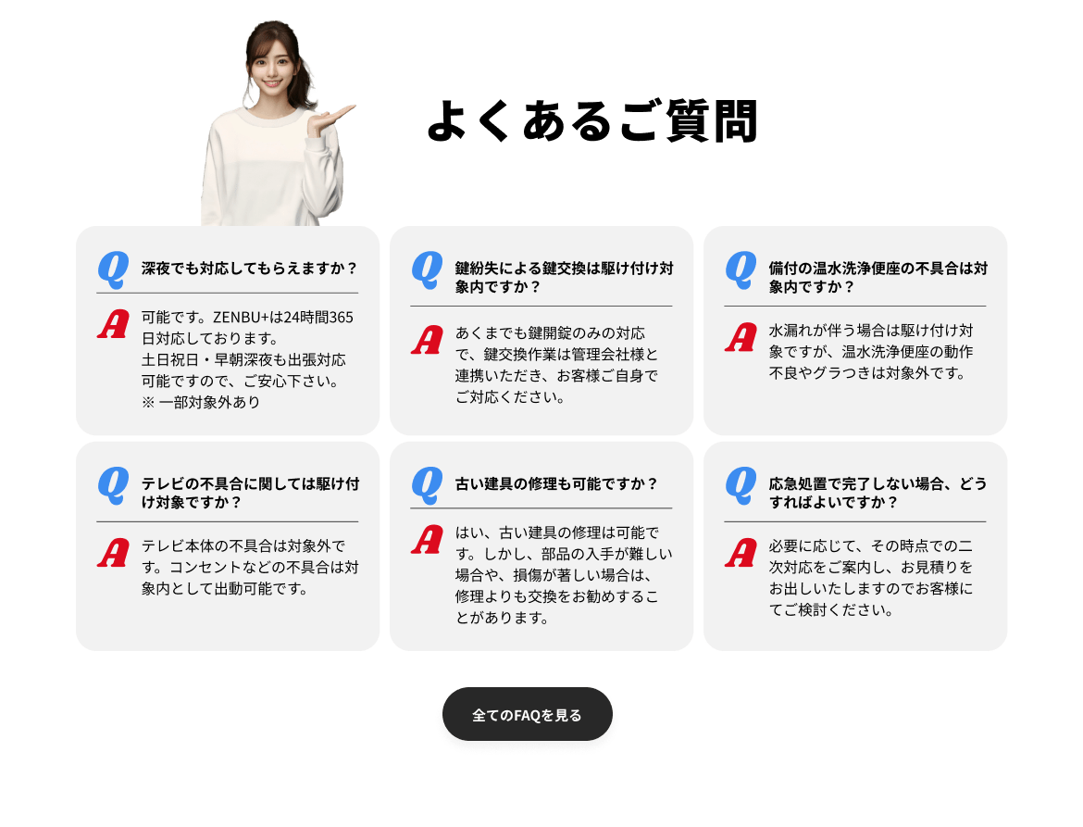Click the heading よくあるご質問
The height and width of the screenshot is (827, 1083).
pos(592,121)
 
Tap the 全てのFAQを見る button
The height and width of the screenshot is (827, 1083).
pos(527,714)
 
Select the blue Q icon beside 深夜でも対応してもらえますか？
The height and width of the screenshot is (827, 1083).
pos(113,269)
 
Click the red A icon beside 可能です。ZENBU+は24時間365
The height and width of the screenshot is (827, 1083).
pos(113,324)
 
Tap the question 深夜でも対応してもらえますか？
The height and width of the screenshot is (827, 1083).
pos(250,268)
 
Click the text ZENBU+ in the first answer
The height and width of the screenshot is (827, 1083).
pos(240,317)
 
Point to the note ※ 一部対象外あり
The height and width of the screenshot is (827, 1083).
pos(201,402)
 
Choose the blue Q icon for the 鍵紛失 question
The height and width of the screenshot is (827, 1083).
pos(427,269)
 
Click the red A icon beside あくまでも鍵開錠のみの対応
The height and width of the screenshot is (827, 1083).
pos(427,340)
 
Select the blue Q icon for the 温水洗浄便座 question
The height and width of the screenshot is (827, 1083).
pos(741,269)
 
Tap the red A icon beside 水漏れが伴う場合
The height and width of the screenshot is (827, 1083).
pos(741,337)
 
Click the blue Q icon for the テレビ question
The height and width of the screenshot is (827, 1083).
pos(113,485)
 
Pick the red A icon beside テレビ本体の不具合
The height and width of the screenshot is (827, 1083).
pos(113,553)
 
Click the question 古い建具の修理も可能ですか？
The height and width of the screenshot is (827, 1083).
pos(556,483)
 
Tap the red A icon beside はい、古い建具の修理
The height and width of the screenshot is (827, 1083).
pos(427,540)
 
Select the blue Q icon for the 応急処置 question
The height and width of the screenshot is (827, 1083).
pos(741,485)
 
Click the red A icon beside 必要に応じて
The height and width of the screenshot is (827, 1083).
pos(741,553)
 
